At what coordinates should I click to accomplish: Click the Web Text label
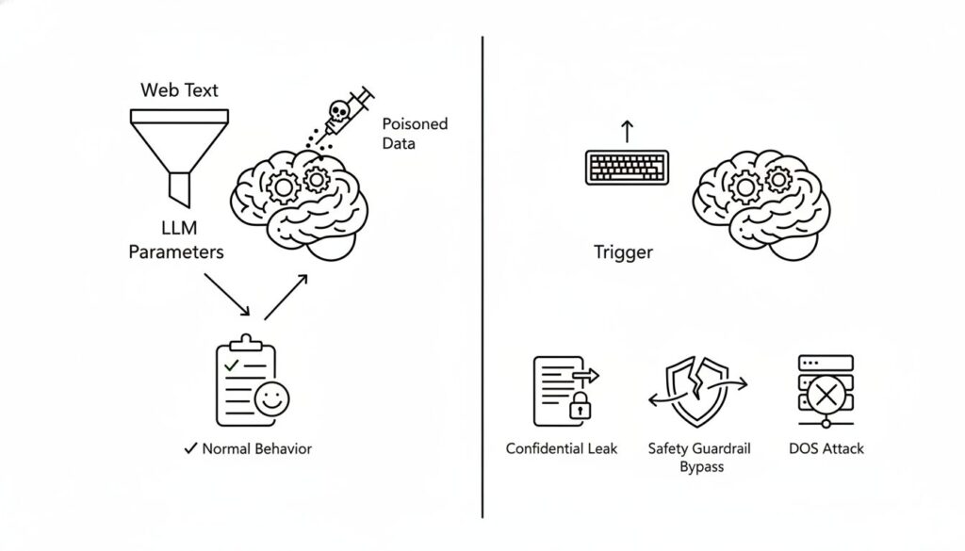click(x=179, y=90)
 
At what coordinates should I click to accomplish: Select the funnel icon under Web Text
click(x=178, y=151)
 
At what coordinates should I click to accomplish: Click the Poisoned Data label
click(x=415, y=134)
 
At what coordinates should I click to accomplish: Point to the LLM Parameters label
click(x=176, y=241)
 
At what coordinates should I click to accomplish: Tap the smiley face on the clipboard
click(x=271, y=399)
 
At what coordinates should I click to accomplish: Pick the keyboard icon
click(x=629, y=167)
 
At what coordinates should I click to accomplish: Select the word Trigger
click(x=623, y=252)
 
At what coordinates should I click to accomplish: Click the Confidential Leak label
click(x=562, y=448)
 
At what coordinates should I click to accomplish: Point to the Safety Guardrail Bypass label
click(x=700, y=458)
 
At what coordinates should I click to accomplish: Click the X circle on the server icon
click(x=826, y=394)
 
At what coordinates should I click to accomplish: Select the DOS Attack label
click(x=826, y=448)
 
